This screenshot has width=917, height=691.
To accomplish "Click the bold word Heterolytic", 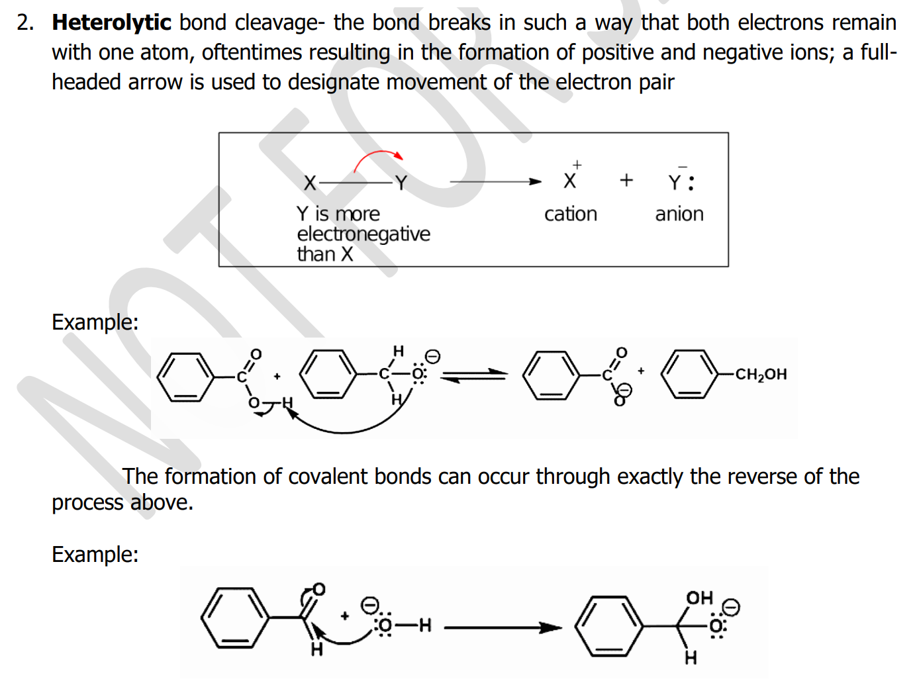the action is click(x=111, y=23).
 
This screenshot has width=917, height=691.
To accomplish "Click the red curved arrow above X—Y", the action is click(x=378, y=158).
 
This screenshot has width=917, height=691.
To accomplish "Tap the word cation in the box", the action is click(x=570, y=214).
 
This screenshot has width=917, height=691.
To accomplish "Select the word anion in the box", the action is click(x=679, y=214).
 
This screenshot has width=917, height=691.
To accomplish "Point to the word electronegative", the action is click(x=363, y=234).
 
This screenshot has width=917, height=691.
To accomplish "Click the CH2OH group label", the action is click(x=761, y=375).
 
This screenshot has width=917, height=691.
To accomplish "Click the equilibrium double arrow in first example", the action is click(x=474, y=375).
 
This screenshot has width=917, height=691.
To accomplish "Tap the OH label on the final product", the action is click(x=699, y=598).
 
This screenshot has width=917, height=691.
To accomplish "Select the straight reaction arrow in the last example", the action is click(x=503, y=627).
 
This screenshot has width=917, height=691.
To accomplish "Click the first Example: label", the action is click(x=95, y=322).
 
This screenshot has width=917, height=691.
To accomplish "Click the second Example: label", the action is click(x=95, y=555).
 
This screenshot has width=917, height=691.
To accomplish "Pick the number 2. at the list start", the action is click(x=25, y=23).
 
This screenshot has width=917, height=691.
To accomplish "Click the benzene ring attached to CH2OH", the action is click(x=689, y=375).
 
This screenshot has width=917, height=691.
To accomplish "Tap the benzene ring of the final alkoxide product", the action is click(x=608, y=625).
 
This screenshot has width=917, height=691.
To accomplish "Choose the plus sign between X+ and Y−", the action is click(x=626, y=180).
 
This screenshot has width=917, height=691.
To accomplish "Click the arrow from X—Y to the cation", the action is click(x=495, y=181).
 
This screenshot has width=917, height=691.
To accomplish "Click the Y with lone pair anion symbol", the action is click(x=680, y=181).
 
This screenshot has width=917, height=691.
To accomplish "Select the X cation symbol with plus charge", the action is click(x=571, y=179).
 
